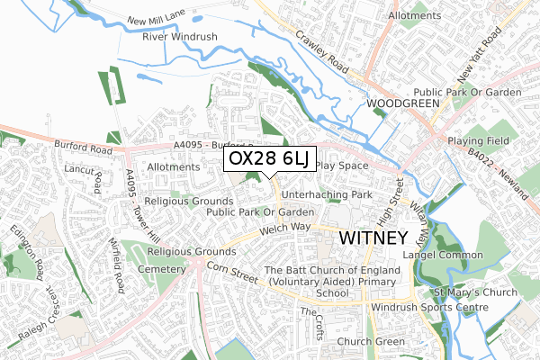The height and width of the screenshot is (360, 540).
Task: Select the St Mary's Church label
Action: click(x=476, y=292)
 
